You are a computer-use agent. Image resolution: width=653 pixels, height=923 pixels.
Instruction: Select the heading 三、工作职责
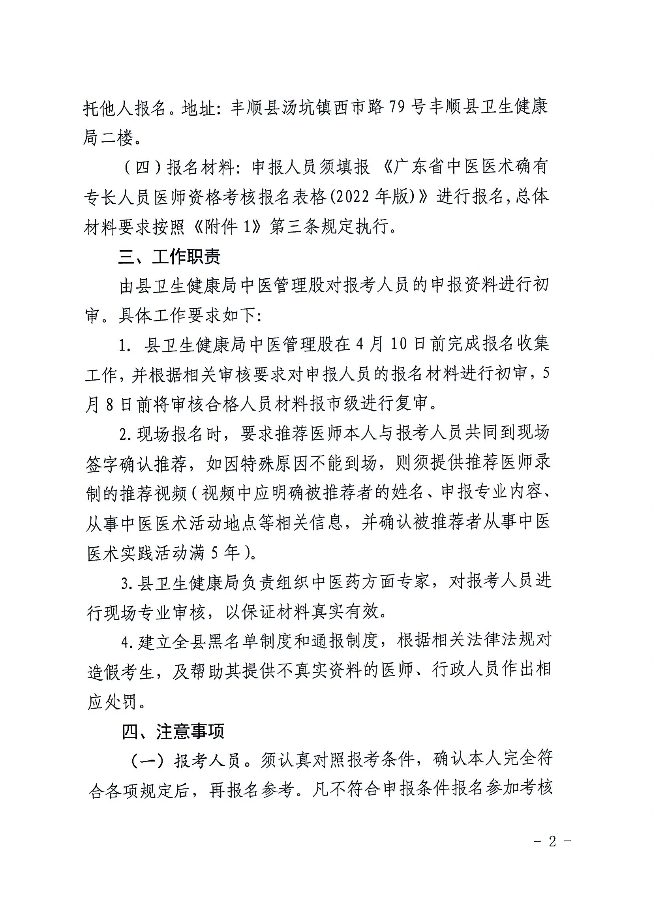(169, 257)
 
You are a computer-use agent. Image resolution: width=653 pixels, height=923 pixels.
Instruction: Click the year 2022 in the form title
(358, 197)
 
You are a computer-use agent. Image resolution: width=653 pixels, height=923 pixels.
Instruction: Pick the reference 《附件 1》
(227, 227)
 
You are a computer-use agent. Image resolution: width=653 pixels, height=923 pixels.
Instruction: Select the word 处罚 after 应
(121, 702)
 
